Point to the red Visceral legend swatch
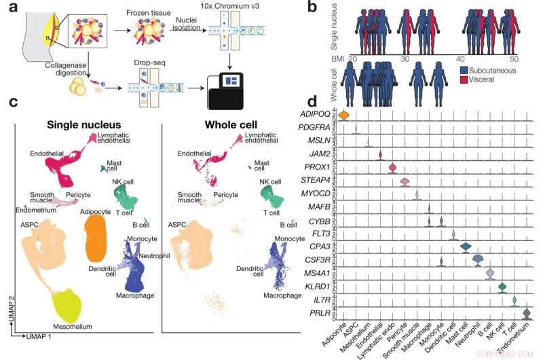pyautogui.click(x=464, y=79)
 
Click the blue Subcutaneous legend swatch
pyautogui.click(x=464, y=70)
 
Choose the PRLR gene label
pyautogui.click(x=321, y=313)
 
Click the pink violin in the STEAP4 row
pyautogui.click(x=405, y=181)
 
